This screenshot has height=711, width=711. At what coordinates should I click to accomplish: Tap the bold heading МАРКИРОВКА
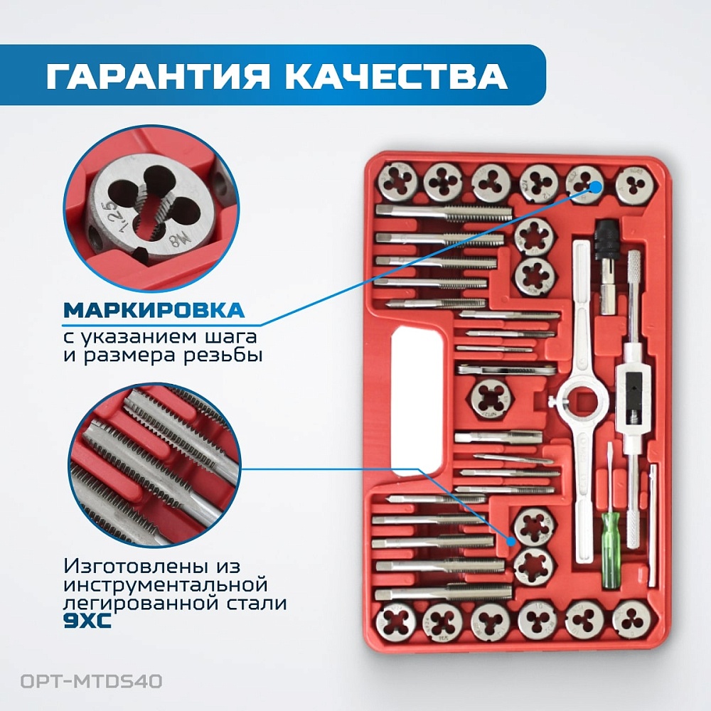[154, 311]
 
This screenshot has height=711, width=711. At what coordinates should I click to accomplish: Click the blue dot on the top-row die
[596, 187]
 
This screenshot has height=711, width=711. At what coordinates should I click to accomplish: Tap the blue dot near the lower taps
[511, 542]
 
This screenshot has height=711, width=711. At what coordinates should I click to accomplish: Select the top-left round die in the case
[397, 182]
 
